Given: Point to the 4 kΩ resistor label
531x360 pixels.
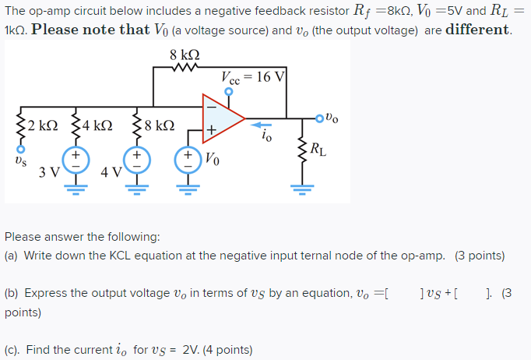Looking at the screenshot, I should coord(97,125).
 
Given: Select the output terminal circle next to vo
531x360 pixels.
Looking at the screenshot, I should coord(319,118).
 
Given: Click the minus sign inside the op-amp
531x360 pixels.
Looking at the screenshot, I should coord(209,107).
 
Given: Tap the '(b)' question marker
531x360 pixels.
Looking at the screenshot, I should coord(12,293).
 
